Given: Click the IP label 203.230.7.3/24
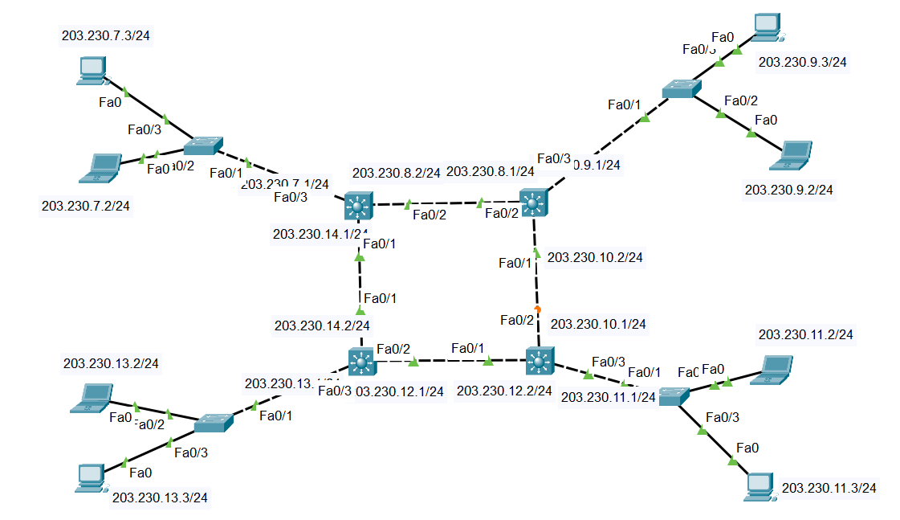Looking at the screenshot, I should [106, 36].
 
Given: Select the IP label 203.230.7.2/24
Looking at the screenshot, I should [86, 206].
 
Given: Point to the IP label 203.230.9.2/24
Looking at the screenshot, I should [789, 190].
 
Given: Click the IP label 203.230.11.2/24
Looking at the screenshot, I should [805, 334].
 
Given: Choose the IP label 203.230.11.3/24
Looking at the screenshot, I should [829, 487].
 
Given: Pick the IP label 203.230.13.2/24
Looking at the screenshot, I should [111, 363].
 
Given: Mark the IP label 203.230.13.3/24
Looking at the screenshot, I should [160, 497].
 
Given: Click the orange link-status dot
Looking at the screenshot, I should [537, 309].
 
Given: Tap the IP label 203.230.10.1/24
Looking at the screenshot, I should [599, 324].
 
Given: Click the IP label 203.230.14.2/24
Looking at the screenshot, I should [322, 326].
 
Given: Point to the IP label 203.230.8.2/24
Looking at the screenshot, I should [396, 172].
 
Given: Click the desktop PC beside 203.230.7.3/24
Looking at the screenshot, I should [90, 70].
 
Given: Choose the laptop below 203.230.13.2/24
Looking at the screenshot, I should [91, 398].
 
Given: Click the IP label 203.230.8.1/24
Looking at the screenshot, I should [490, 171].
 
